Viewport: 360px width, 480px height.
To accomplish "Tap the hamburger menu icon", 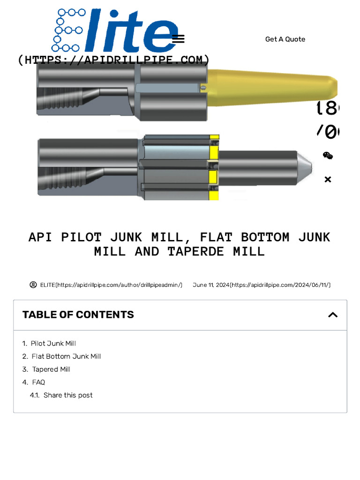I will pos(178,39).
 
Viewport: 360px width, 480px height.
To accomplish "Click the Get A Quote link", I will pos(285,39).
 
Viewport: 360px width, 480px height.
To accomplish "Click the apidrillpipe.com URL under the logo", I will pos(113,60).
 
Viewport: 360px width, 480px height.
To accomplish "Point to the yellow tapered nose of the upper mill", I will pos(272,87).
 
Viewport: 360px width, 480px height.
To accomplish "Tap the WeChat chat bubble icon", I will pos(328,156).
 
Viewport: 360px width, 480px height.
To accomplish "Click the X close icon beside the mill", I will pos(328,179).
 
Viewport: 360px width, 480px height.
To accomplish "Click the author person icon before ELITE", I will pos(33,285).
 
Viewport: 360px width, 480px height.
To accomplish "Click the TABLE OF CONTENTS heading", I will pos(78,315).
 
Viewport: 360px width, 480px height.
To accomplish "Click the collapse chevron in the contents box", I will pos(333,315).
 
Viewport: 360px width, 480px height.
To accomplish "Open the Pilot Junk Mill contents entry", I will pos(53,344).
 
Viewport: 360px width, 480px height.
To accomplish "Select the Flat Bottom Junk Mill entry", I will pos(66,356).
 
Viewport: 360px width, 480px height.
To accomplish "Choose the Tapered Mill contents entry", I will pos(51,369).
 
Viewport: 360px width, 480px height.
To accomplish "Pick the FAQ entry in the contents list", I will pos(38,382).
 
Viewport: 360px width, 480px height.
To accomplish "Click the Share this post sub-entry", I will pos(68,395).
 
